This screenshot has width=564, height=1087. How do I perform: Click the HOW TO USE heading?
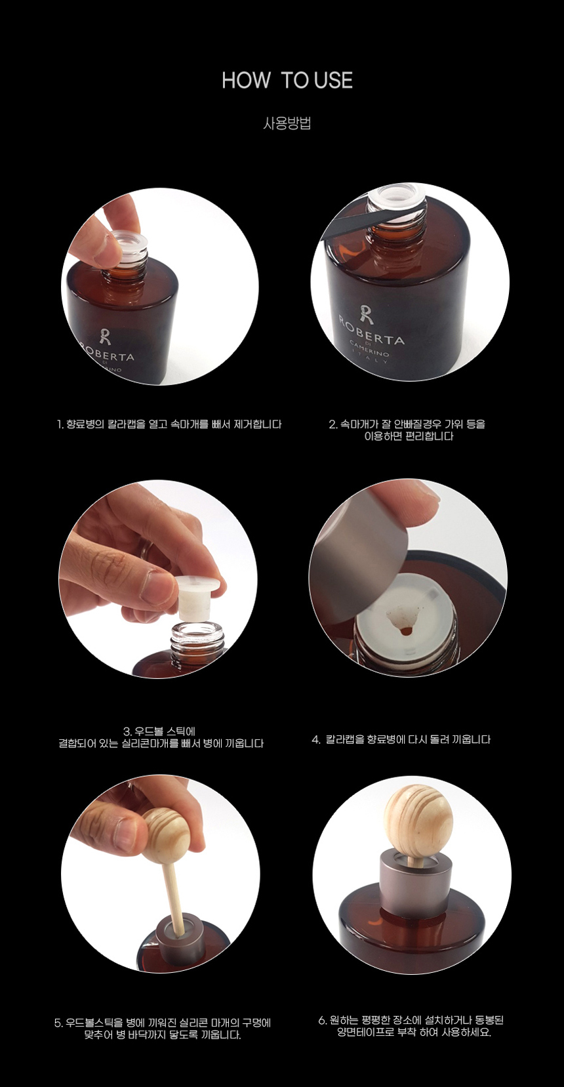pos(287,81)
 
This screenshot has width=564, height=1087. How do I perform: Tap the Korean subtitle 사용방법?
pos(287,123)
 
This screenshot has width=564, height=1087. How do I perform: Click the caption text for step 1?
pos(169,424)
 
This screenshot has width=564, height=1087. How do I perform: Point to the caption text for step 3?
pos(161,737)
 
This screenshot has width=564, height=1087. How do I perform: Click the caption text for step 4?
pos(401,740)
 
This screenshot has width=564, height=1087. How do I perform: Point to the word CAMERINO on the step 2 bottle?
pos(369,349)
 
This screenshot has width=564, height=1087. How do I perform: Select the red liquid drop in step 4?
pos(405,631)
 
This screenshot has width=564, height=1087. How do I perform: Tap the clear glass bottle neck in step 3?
pos(198,638)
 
